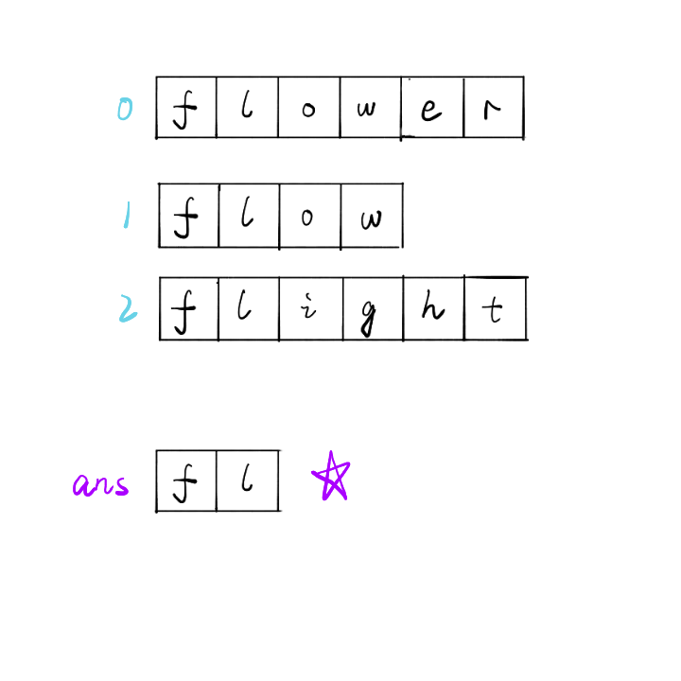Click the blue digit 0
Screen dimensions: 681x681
(125, 110)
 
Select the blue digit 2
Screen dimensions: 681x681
(127, 308)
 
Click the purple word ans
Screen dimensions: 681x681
(101, 486)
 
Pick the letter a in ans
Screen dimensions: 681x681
(82, 486)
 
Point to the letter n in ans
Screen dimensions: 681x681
(103, 487)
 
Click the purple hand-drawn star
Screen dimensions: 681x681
(331, 477)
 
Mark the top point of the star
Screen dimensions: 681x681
(331, 453)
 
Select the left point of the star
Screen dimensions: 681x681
(314, 471)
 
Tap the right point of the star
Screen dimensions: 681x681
(349, 463)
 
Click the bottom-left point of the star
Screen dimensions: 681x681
(324, 498)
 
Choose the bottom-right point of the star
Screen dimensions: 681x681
(345, 498)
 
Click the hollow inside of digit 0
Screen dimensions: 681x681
(125, 110)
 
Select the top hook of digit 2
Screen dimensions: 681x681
(122, 298)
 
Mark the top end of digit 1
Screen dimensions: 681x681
(128, 201)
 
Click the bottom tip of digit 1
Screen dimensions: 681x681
(125, 228)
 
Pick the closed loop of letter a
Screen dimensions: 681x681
(80, 487)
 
